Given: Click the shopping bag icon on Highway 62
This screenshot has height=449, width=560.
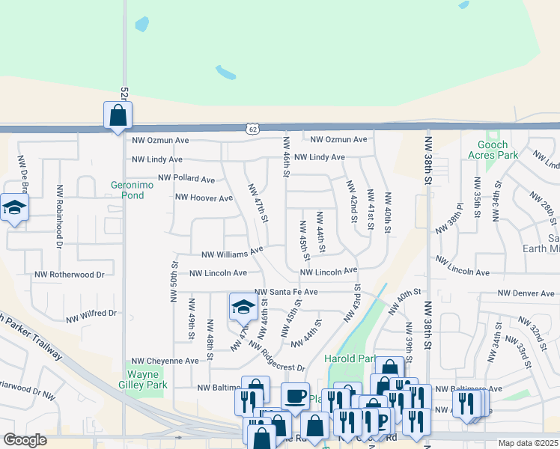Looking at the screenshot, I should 118,116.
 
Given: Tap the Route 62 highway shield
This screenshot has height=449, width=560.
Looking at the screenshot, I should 253,129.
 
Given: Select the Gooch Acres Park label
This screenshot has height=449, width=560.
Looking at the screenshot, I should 493,150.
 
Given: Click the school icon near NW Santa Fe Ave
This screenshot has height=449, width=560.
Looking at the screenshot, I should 243,306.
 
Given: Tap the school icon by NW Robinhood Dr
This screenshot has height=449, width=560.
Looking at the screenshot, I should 13,207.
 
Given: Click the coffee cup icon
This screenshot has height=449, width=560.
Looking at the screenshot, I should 295,397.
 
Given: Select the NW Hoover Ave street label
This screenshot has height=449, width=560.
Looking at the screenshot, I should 204,198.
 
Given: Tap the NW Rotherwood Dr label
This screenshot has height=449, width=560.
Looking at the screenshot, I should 69,275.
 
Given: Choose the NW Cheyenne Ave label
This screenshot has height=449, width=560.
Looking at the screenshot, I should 165,361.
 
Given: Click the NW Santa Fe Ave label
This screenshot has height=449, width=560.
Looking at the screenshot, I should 287,292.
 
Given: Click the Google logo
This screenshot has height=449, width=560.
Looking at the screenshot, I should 25,440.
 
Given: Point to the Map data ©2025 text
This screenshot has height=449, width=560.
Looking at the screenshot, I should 528,443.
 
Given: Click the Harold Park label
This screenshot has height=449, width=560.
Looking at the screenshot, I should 350,359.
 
